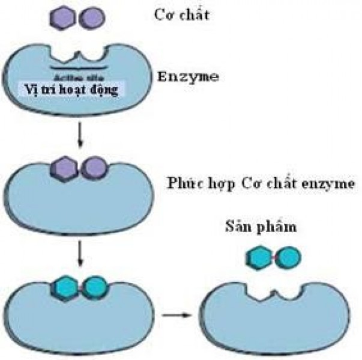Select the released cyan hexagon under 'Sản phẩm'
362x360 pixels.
pos(259,257)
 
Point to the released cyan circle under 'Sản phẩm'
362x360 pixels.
pos(287,257)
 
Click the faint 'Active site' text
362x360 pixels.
pos(77,76)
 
